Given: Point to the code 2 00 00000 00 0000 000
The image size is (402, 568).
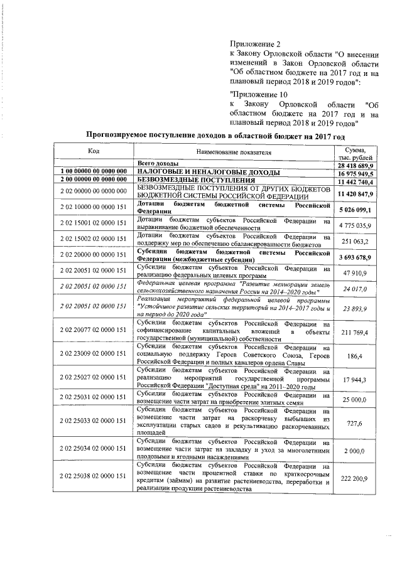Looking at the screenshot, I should click(x=94, y=181).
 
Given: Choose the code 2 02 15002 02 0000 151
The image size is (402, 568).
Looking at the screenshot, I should click(x=94, y=240).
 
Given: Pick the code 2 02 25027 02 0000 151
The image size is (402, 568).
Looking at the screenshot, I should click(x=94, y=380).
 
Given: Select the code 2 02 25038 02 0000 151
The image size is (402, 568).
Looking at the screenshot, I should click(x=94, y=477).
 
